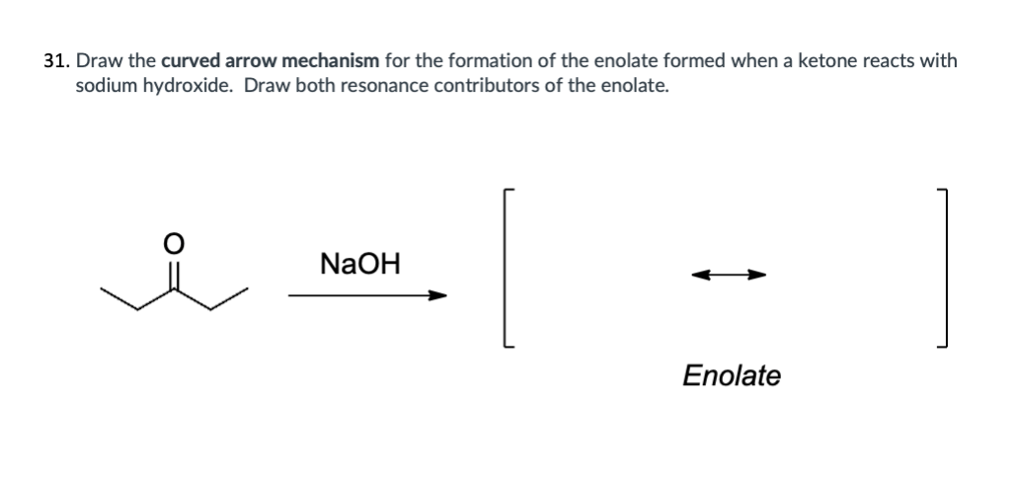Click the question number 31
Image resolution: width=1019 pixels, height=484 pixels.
pyautogui.click(x=56, y=61)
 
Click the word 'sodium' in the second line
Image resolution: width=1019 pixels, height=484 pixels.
pyautogui.click(x=107, y=86)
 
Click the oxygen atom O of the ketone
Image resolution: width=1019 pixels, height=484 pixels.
pyautogui.click(x=173, y=243)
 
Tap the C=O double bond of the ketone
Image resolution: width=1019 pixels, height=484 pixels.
pyautogui.click(x=174, y=276)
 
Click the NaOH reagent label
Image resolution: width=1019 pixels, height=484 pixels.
pyautogui.click(x=360, y=264)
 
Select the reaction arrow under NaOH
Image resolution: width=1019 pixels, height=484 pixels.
pyautogui.click(x=368, y=296)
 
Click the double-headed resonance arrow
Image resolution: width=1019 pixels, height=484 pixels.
pyautogui.click(x=729, y=276)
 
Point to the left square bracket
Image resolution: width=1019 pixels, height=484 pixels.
pyautogui.click(x=505, y=268)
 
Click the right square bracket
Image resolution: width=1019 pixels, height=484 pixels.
pyautogui.click(x=946, y=268)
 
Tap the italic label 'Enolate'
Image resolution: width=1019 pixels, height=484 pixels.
pyautogui.click(x=731, y=376)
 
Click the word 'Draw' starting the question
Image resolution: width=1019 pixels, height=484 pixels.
pyautogui.click(x=96, y=61)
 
